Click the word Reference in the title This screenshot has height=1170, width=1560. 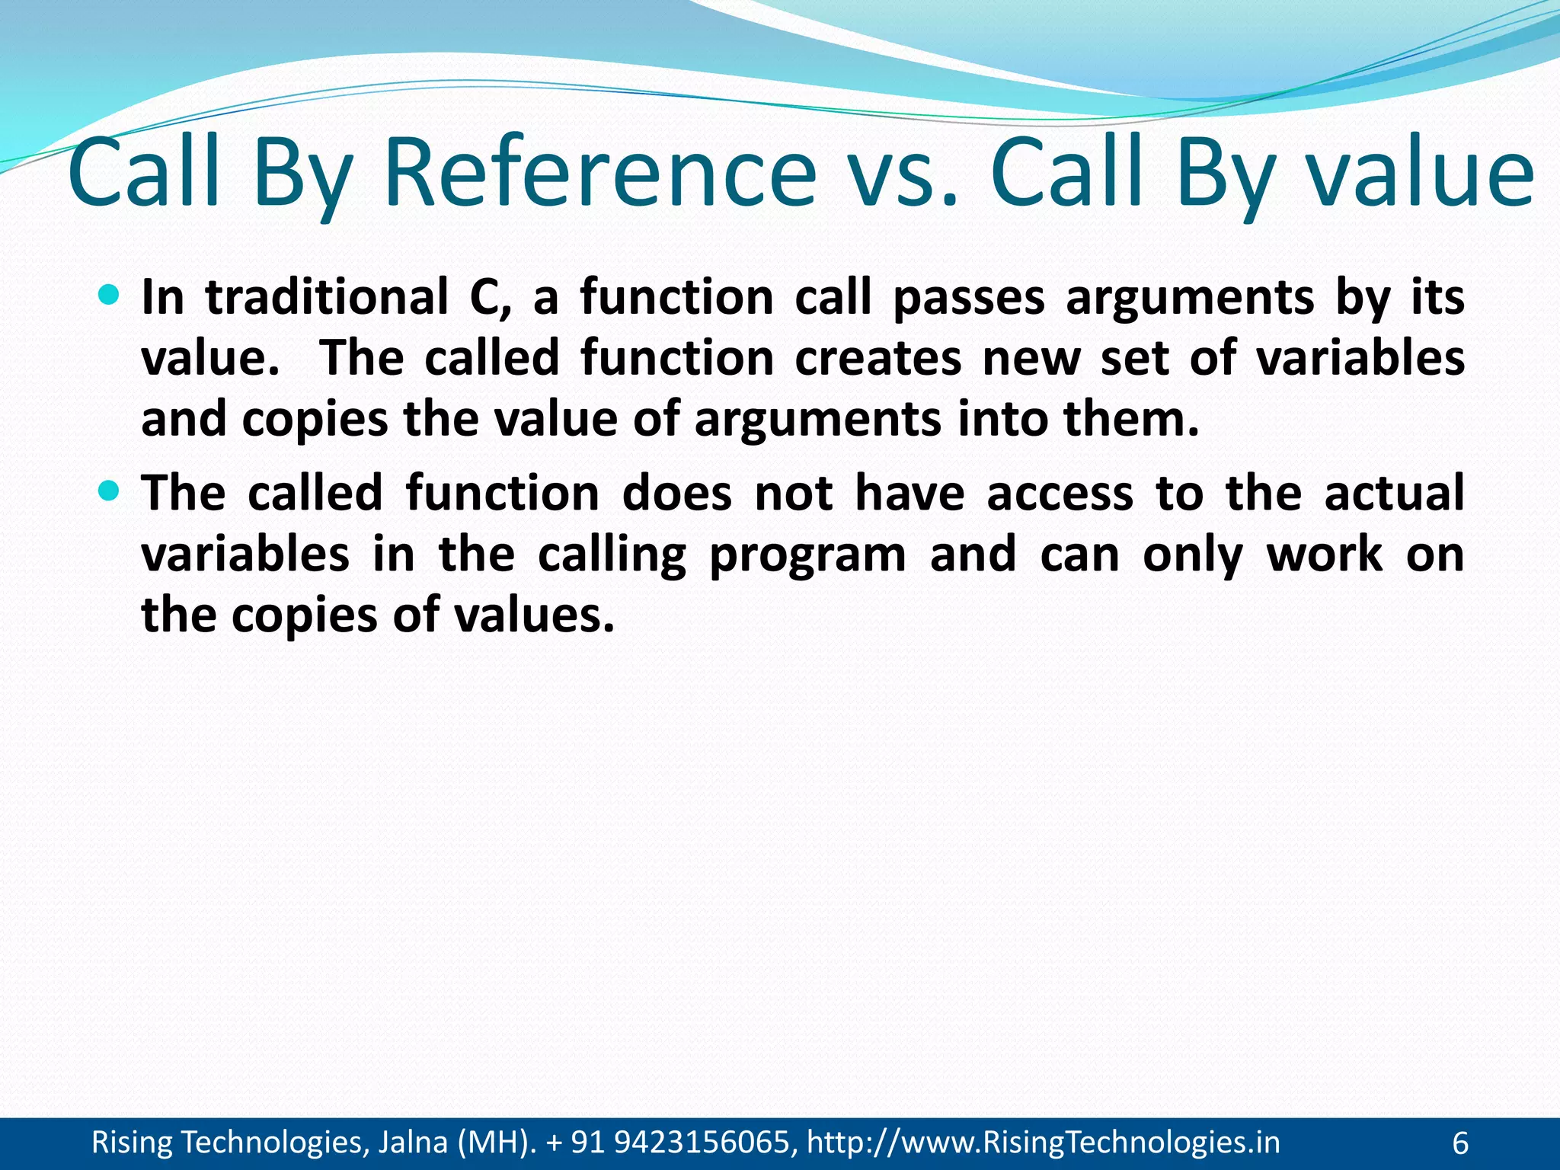599,174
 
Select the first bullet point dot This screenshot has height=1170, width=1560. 110,294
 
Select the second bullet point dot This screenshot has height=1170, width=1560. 110,491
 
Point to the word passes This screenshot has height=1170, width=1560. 968,297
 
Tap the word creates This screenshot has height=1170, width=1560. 878,358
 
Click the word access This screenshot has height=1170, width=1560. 1060,493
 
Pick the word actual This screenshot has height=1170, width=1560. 1394,493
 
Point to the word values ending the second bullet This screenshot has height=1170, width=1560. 532,615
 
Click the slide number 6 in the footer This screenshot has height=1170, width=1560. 1460,1143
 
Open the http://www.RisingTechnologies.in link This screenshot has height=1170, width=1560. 1043,1143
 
